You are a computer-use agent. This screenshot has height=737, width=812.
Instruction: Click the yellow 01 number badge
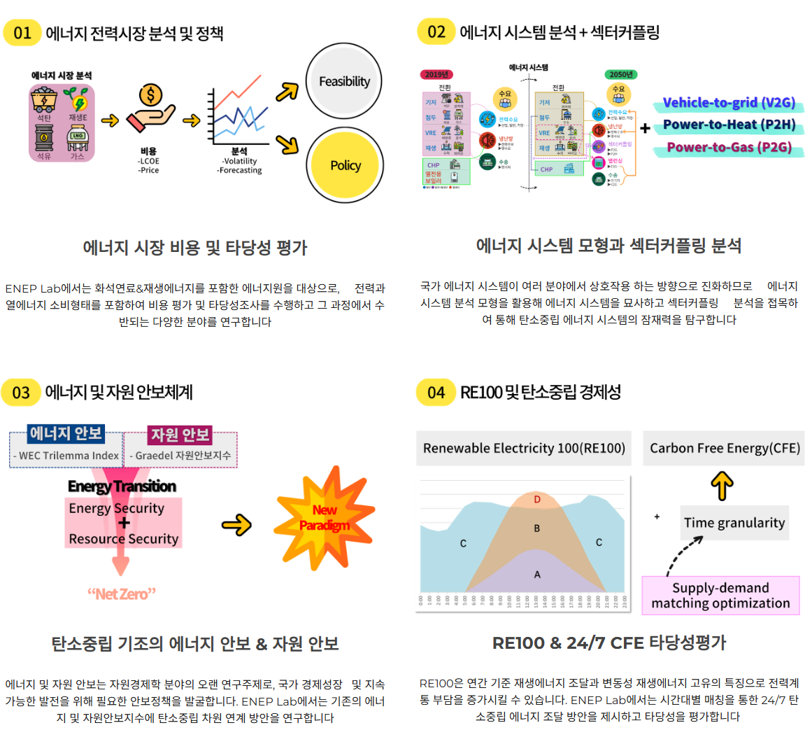click(22, 32)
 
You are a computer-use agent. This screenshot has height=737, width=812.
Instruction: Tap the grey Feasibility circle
click(344, 81)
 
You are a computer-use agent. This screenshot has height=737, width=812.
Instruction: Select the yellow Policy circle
click(345, 165)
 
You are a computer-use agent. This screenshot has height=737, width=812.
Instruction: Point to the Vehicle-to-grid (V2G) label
click(729, 103)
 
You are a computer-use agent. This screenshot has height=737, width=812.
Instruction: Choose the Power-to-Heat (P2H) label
click(729, 125)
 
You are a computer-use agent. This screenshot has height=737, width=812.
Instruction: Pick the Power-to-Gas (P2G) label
click(729, 147)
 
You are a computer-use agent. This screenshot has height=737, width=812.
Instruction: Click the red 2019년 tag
click(436, 74)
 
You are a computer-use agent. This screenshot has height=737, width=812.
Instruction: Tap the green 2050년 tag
click(620, 74)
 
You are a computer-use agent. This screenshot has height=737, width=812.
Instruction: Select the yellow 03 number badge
click(21, 392)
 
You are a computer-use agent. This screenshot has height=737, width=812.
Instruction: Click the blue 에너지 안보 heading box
click(66, 434)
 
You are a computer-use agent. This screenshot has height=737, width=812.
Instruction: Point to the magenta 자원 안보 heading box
click(180, 435)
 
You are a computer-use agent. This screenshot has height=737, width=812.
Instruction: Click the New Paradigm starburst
click(324, 518)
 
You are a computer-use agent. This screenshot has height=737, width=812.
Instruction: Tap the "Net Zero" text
click(122, 594)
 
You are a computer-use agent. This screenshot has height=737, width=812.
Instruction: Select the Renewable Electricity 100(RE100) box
click(524, 449)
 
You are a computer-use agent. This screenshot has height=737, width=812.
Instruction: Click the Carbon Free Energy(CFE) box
click(725, 449)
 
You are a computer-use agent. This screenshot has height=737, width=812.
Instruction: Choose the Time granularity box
click(734, 523)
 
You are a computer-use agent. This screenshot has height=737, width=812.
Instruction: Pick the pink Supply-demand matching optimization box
click(720, 596)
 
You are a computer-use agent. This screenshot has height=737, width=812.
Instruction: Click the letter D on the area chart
click(537, 500)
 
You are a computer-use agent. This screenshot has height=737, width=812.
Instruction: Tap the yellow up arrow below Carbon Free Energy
click(722, 485)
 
